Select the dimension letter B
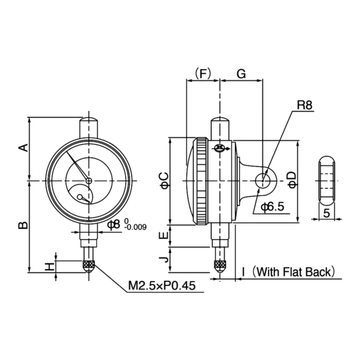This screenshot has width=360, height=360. tap(23, 225)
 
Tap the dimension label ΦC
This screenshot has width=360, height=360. tap(164, 180)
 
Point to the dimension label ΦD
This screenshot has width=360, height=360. tap(291, 179)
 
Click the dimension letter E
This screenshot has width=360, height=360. tap(164, 236)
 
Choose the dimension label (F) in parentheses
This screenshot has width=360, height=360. tap(202, 73)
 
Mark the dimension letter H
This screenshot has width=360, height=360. tap(49, 266)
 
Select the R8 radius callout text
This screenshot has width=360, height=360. tap(304, 105)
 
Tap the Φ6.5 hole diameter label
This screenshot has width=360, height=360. tap(273, 207)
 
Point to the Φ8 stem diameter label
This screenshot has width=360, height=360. tap(113, 224)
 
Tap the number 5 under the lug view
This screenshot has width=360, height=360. tap(326, 214)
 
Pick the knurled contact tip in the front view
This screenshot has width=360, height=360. tap(89, 266)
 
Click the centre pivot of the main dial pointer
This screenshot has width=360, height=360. tap(89, 180)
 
